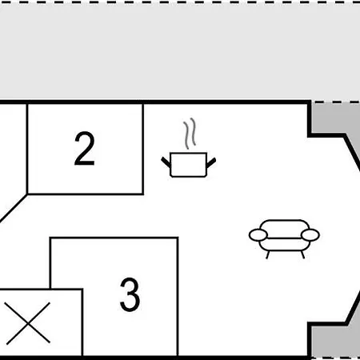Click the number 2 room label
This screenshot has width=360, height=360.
pyautogui.click(x=85, y=148)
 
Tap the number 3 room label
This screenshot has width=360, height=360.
pyautogui.click(x=130, y=294)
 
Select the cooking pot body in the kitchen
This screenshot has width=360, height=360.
pyautogui.click(x=189, y=165)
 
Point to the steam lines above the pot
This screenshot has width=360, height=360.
pyautogui.click(x=190, y=134)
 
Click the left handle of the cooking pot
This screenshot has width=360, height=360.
pyautogui.click(x=166, y=162)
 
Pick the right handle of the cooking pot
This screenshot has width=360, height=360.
pyautogui.click(x=211, y=162)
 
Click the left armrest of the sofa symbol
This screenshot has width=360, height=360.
pyautogui.click(x=258, y=235)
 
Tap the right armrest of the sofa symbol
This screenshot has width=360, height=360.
pyautogui.click(x=310, y=235)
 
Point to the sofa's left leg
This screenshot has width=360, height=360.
pyautogui.click(x=267, y=254)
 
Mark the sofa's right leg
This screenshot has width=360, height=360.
pyautogui.click(x=302, y=254)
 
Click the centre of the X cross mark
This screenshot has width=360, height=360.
pyautogui.click(x=28, y=323)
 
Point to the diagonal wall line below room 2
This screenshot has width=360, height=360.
pyautogui.click(x=14, y=208)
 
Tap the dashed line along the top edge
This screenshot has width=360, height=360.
pyautogui.click(x=180, y=2)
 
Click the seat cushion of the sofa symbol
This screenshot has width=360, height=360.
pyautogui.click(x=284, y=244)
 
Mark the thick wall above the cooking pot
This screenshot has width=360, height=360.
pyautogui.click(x=154, y=102)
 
